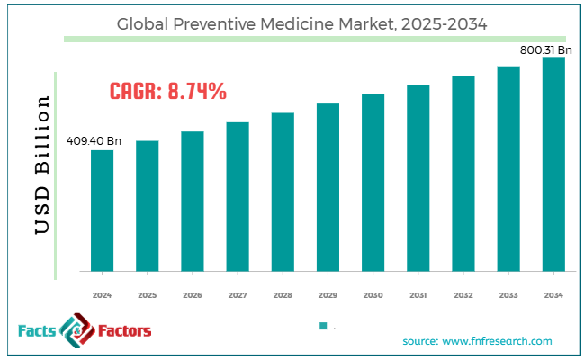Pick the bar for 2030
pos(373,182)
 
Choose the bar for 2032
pos(463,173)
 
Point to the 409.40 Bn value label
pos(94,141)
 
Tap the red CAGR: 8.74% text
pos(167,91)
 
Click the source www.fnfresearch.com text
pos(478,341)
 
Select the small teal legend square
pos(322,326)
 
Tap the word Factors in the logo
pos(119,331)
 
